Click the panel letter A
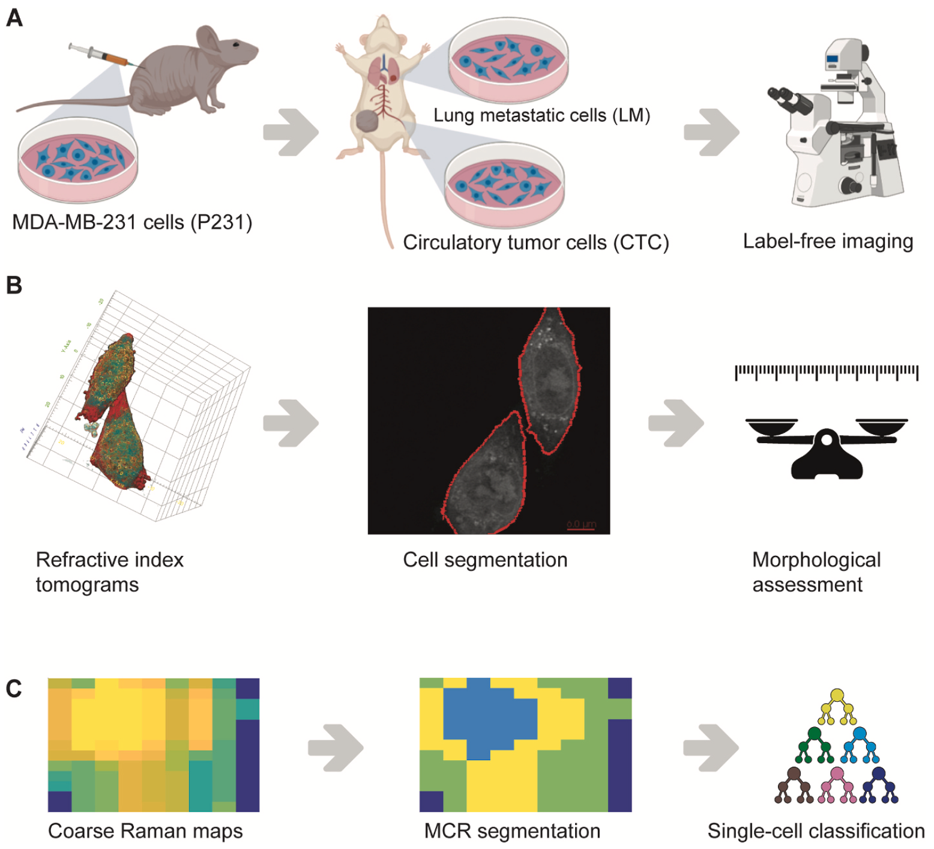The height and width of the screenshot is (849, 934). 14,18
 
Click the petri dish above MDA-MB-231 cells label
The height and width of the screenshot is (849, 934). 77,159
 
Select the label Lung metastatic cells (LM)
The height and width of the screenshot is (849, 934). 541,115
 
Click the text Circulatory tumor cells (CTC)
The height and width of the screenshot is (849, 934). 535,242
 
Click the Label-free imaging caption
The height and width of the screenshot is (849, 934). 828,241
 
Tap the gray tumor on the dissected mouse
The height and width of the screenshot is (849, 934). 367,122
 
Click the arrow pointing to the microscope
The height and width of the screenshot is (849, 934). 711,132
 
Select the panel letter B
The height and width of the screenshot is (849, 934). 14,285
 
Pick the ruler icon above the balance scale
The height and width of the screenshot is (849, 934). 827,372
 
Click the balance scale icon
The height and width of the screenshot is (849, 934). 827,447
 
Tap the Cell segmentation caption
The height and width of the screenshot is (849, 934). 485,560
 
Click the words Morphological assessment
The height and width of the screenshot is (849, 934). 816,572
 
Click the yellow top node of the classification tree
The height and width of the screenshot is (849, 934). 837,696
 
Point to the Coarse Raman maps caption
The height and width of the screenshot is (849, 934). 145,831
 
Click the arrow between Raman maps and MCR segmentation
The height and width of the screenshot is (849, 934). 336,748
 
